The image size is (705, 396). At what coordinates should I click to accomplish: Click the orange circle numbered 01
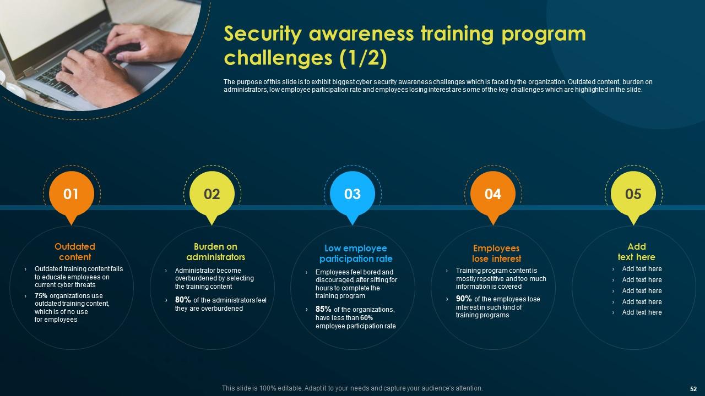[71, 194]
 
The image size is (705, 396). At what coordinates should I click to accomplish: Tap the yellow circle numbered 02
[212, 194]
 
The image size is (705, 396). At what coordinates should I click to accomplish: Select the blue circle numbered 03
[352, 194]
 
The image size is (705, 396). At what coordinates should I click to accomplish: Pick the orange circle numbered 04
[493, 194]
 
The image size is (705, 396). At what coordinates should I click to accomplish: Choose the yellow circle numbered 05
[633, 194]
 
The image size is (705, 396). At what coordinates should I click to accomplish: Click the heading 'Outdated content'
[75, 252]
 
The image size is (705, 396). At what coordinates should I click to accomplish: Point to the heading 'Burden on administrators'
[215, 252]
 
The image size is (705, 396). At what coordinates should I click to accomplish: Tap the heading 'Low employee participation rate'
[356, 254]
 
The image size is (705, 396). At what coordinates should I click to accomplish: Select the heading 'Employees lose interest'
[496, 254]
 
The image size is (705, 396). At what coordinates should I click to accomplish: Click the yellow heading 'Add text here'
[636, 252]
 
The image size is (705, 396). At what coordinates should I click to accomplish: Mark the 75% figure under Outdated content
[41, 296]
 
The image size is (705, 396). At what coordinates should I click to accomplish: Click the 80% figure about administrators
[183, 300]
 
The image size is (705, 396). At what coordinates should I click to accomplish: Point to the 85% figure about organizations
[323, 309]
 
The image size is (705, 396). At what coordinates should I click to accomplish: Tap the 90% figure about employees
[464, 299]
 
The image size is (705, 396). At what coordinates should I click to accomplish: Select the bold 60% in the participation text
[367, 318]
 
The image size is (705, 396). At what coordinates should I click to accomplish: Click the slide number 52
[693, 388]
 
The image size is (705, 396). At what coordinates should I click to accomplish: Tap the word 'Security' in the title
[263, 34]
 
